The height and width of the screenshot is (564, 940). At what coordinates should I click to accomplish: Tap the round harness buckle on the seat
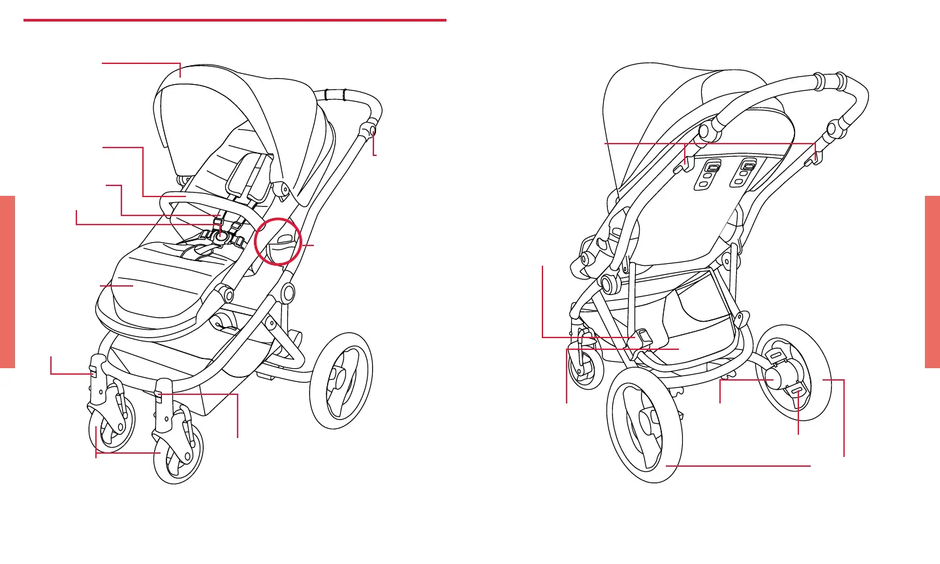tap(222, 238)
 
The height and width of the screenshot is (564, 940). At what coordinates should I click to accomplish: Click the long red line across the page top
tap(235, 20)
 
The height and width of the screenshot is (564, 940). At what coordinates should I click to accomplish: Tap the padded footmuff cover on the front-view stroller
tap(157, 281)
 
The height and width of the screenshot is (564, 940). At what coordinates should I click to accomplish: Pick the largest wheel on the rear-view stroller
tap(644, 427)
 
